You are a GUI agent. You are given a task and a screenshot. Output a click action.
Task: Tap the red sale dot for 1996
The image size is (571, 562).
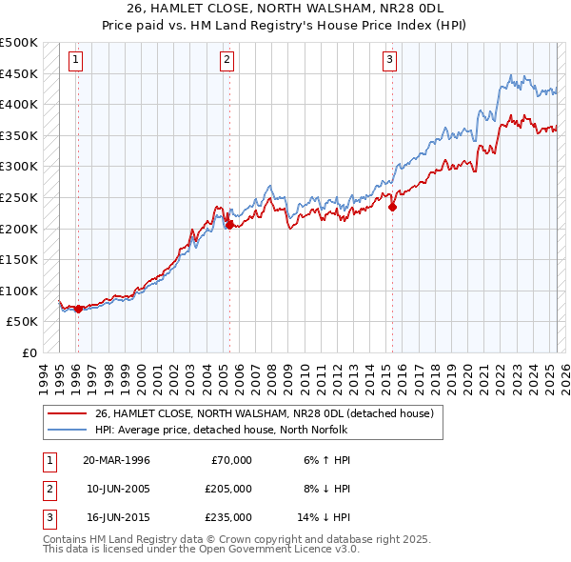(x=78, y=309)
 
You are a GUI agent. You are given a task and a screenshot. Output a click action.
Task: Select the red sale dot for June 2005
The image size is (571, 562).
(x=229, y=225)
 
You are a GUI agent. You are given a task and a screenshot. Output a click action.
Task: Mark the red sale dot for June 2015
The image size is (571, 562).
(x=392, y=207)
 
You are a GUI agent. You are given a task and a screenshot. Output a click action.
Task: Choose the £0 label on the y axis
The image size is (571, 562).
(x=30, y=352)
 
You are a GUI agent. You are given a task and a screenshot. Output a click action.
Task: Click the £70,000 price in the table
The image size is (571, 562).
(x=231, y=460)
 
